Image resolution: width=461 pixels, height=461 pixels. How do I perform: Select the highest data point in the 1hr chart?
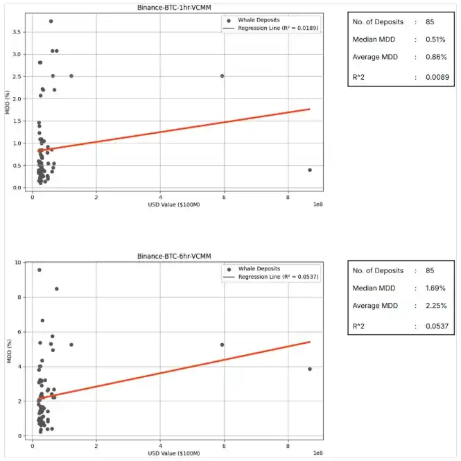click(51, 21)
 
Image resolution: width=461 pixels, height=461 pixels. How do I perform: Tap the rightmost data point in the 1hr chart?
click(309, 170)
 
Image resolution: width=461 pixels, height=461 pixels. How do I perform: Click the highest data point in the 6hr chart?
click(40, 270)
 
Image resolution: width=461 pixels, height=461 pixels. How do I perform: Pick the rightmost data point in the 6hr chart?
click(309, 369)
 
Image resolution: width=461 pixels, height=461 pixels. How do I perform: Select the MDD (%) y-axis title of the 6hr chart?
click(8, 349)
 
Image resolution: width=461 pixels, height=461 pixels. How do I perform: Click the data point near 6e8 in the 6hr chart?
click(222, 345)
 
